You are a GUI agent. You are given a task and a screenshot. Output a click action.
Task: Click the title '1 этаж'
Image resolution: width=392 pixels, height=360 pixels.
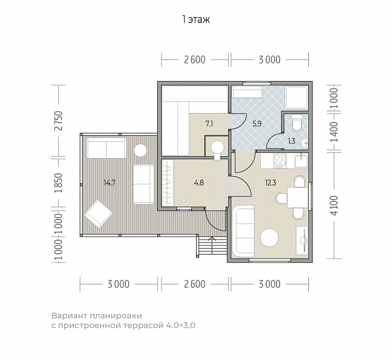[x=196, y=19]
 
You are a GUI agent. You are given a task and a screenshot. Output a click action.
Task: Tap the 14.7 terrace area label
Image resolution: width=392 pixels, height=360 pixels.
[x=110, y=183]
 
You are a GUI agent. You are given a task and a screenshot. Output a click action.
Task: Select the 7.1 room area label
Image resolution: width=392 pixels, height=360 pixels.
[x=209, y=123]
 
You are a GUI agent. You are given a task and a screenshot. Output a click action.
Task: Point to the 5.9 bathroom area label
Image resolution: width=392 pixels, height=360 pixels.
[x=257, y=123]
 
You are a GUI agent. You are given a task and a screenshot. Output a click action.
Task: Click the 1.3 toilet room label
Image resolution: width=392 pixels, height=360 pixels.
[x=292, y=141]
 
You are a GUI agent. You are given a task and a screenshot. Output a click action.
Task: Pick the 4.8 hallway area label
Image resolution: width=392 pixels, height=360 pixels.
[x=199, y=183]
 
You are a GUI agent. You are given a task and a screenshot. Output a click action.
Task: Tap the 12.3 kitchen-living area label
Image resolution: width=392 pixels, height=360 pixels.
[x=271, y=183]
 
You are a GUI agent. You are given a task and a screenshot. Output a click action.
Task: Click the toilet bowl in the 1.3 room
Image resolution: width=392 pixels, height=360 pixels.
[x=297, y=122]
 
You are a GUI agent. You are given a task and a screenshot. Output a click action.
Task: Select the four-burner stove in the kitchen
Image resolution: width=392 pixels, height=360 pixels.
[x=280, y=161]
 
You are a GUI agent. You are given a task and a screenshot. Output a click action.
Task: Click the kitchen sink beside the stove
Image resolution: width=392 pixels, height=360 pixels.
[x=301, y=161]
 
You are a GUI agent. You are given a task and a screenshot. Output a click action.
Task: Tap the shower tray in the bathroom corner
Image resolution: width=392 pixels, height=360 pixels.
[x=296, y=98]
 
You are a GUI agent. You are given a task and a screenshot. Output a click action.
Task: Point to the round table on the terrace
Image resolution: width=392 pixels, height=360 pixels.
[x=140, y=150]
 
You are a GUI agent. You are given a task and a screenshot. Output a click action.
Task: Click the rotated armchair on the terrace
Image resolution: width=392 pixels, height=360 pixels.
[x=98, y=214]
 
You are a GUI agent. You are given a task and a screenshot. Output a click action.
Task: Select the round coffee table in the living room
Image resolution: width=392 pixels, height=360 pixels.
[x=269, y=238]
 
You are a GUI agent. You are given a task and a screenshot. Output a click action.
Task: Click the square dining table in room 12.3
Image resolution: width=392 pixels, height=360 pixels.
[x=297, y=197]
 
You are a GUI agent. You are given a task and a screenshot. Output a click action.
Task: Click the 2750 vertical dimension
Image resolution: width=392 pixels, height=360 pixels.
[x=59, y=121]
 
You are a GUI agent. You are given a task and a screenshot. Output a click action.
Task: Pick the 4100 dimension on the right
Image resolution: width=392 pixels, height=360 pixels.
[x=334, y=206]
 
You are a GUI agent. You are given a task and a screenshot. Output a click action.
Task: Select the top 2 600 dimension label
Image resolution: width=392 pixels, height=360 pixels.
[x=195, y=60]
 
